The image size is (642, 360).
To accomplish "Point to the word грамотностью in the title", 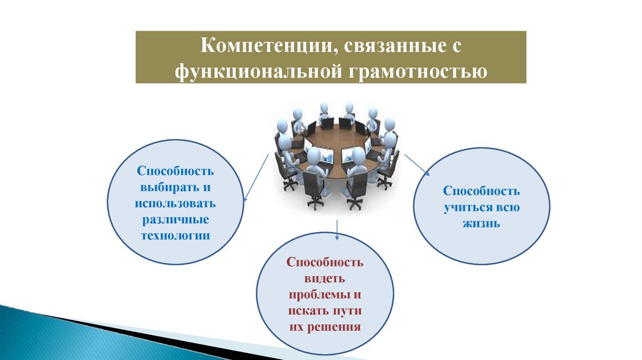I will click(x=414, y=71).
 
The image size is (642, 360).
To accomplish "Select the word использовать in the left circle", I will click(x=175, y=204).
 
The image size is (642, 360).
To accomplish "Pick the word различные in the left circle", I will click(x=175, y=220).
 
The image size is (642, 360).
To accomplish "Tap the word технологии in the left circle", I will click(x=175, y=236).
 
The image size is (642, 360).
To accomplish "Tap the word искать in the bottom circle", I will click(x=307, y=310).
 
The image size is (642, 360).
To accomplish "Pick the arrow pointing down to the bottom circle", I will click(x=337, y=230).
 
